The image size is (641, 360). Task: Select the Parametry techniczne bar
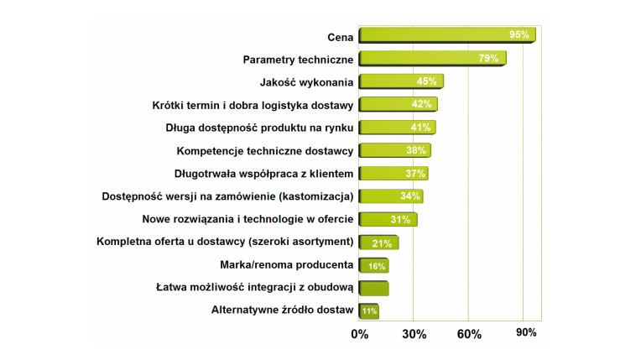[x=431, y=59]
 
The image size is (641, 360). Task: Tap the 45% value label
[x=426, y=81]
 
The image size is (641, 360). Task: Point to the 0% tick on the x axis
[x=359, y=334]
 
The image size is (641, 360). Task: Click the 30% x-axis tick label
[x=414, y=334]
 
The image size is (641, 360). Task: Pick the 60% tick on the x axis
[x=469, y=334]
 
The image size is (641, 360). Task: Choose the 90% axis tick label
[x=526, y=332]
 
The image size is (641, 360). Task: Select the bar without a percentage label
[x=373, y=289]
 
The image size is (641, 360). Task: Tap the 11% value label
[x=369, y=311]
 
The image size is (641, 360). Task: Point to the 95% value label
[x=519, y=35]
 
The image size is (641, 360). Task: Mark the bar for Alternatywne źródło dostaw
[x=369, y=311]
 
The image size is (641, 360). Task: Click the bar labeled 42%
[x=398, y=105]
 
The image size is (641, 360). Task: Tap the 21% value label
[x=383, y=243]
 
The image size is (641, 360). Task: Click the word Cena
[x=339, y=36]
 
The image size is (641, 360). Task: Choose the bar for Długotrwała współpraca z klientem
[x=393, y=174]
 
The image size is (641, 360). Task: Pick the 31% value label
[x=400, y=220]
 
